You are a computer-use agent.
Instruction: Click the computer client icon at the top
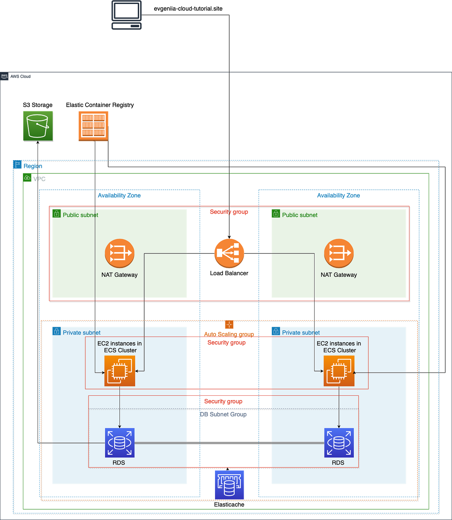(127, 15)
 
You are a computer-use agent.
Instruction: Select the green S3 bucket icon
(38, 126)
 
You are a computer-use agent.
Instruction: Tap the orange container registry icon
(94, 126)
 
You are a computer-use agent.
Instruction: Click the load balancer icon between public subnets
(229, 253)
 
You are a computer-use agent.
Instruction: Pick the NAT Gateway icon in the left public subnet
(119, 253)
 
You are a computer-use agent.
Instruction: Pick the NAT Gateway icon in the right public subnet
(339, 253)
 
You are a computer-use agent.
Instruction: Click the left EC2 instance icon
(119, 371)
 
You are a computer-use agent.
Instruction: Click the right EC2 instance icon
(339, 371)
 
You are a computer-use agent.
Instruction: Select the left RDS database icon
(119, 443)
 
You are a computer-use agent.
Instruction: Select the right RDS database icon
(339, 443)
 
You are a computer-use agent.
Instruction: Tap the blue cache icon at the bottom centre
(229, 485)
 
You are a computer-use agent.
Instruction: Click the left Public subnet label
(80, 215)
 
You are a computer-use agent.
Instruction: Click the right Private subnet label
(301, 333)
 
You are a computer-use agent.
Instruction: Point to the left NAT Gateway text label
(119, 275)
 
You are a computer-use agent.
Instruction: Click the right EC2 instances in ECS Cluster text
(339, 347)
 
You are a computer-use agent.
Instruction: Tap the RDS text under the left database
(118, 463)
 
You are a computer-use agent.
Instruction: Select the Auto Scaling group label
(229, 334)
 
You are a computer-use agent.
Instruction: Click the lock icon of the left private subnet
(56, 331)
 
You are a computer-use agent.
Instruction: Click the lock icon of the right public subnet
(276, 213)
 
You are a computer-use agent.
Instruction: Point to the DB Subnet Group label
(223, 414)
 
